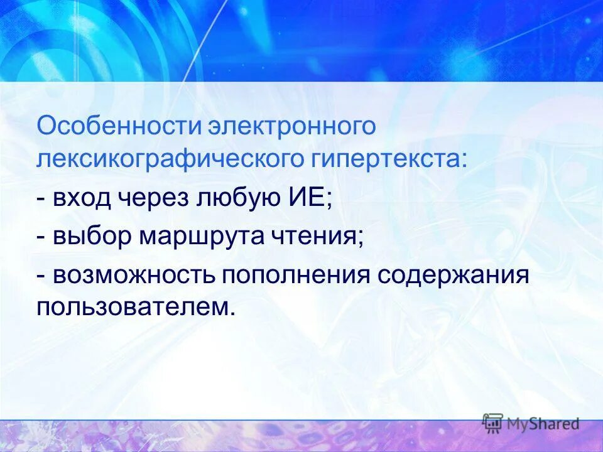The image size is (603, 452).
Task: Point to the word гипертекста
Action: (x=387, y=158)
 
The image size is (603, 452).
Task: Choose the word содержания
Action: (x=454, y=276)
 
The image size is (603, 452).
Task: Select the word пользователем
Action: (x=136, y=307)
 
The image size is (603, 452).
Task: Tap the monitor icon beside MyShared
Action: (x=493, y=423)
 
